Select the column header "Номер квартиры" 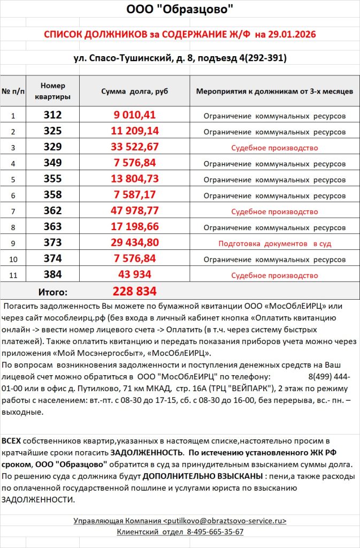click(x=52, y=91)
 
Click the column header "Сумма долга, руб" click(x=134, y=91)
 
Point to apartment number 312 click(x=53, y=115)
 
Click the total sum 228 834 click(x=135, y=292)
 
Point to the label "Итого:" click(x=53, y=292)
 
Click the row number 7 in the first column click(x=13, y=212)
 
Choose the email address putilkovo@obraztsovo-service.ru click(x=225, y=520)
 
